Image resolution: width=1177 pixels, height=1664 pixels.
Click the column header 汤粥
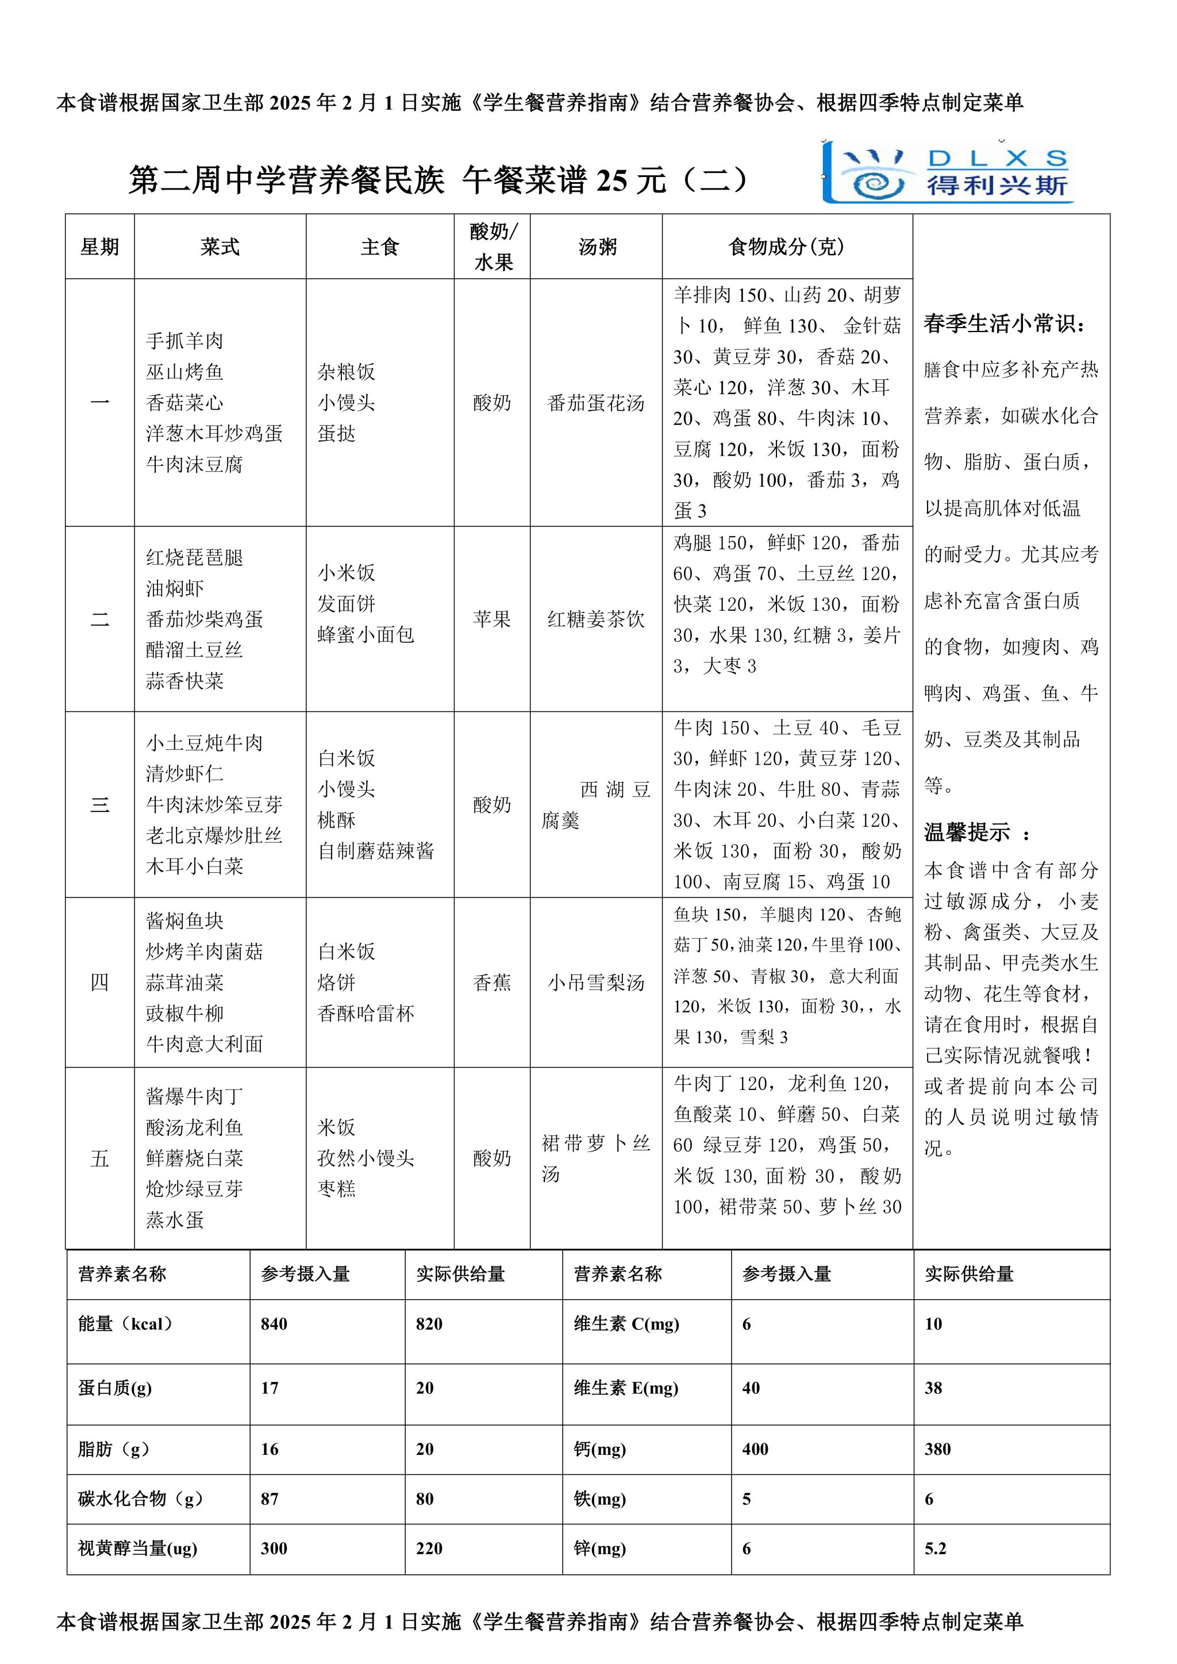597,247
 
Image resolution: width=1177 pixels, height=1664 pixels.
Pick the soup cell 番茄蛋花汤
596,403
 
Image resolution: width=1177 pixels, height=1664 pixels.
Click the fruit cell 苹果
492,619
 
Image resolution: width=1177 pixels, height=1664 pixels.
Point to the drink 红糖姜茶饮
596,619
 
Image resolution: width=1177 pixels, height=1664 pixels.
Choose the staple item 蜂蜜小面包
366,635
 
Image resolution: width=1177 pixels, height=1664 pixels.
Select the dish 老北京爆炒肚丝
214,835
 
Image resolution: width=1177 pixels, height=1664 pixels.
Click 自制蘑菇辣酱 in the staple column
375,851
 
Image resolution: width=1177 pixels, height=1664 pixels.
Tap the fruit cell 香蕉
492,983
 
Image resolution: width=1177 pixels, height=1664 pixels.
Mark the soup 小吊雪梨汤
596,983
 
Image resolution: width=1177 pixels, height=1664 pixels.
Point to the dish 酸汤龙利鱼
194,1128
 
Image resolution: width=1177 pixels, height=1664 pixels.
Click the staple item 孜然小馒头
366,1158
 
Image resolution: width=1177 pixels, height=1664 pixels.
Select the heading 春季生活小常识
1005,324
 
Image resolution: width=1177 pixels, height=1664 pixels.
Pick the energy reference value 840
274,1324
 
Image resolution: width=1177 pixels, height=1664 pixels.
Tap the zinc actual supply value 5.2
935,1549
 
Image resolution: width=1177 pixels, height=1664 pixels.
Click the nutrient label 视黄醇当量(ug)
138,1549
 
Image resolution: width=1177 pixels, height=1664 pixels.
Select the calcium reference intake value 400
755,1449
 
